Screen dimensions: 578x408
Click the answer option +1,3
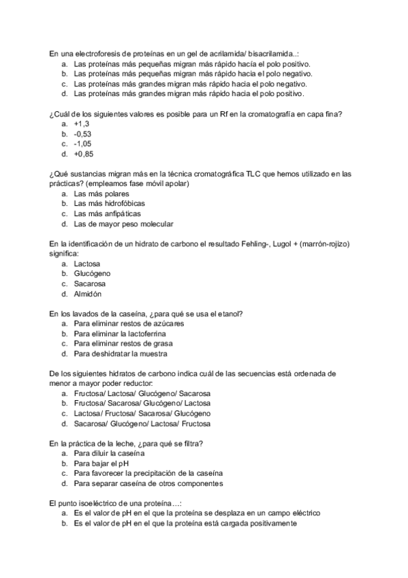[x=82, y=124]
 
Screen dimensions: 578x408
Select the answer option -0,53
[x=82, y=134]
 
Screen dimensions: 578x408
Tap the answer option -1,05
[x=82, y=144]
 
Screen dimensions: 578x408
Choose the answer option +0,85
[x=83, y=154]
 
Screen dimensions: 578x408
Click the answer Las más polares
[x=101, y=194]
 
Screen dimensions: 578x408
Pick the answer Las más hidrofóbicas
[x=109, y=204]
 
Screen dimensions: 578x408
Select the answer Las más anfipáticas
[x=108, y=213]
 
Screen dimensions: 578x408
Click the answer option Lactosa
[x=87, y=263]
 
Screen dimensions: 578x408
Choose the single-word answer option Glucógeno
[x=92, y=273]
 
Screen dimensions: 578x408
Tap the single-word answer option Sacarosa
[x=90, y=284]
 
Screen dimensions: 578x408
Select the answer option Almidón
[x=88, y=294]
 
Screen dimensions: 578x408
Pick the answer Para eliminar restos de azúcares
[x=129, y=324]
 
